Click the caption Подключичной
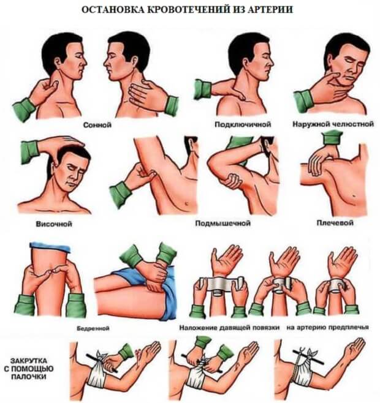243,124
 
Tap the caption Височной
54,224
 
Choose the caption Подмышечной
223,223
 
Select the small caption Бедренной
93,328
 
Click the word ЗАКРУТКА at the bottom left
29,360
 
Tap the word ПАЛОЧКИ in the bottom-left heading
29,377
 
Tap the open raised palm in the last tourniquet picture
354,352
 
